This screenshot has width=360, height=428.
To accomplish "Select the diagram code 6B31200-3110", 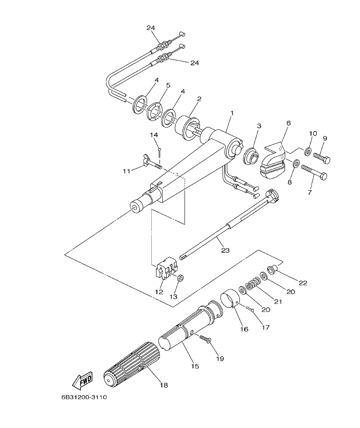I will tap(84, 397).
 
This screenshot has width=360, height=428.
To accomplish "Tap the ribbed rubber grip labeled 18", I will tap(131, 364).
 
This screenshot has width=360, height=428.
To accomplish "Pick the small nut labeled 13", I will tap(180, 278).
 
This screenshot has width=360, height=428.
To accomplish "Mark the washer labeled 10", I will tap(307, 151).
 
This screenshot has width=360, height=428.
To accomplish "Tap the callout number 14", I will tap(154, 135).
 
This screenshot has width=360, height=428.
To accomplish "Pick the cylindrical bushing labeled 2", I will tap(186, 127).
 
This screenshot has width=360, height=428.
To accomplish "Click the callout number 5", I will tap(168, 86).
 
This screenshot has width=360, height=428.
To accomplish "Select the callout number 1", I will tap(231, 114).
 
